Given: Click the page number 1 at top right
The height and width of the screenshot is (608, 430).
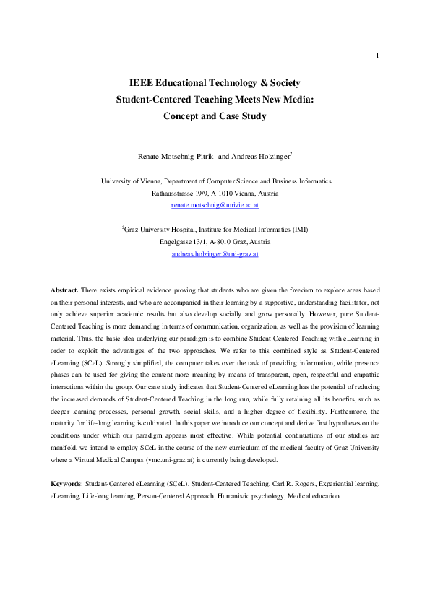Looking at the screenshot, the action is pos(378,56).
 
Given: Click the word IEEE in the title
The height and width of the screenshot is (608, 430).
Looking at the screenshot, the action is pos(141,84).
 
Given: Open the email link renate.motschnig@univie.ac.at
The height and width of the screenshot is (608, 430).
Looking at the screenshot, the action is pos(215,206).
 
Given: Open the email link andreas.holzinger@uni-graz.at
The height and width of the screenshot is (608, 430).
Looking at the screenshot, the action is pos(215,254).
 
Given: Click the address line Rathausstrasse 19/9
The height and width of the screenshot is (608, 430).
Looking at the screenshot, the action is pos(184,194).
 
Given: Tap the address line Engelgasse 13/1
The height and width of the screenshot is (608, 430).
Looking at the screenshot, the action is pos(191,242).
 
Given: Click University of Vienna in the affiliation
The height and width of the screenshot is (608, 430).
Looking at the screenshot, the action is pos(129,181).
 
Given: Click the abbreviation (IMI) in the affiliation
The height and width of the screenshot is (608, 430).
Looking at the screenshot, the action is pos(297,230).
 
